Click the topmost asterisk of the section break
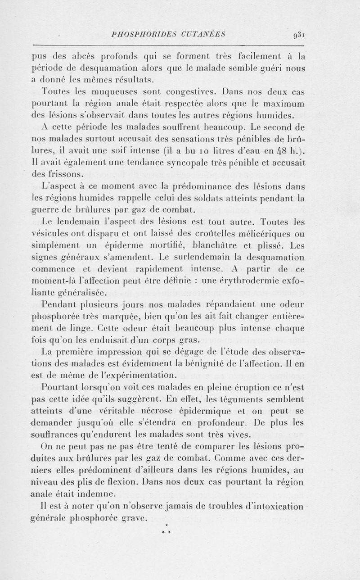click(166, 526)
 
